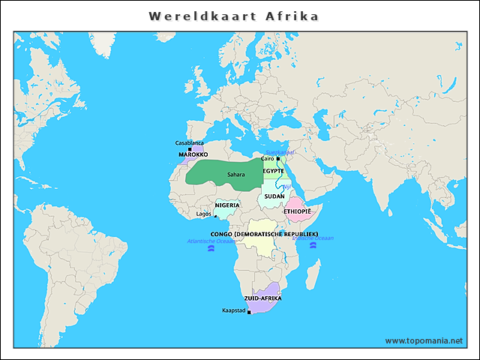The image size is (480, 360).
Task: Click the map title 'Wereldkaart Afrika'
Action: tap(233, 16)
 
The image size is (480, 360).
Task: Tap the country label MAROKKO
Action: tap(193, 154)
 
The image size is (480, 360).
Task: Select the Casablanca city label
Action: tap(189, 142)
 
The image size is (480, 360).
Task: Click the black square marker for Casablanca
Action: tap(179, 148)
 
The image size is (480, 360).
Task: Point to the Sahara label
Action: tap(236, 175)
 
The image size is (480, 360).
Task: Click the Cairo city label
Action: tap(267, 158)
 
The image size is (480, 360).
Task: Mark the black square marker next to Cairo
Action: tap(277, 159)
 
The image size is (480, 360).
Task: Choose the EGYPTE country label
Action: tap(273, 171)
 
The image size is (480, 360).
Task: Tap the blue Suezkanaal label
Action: tap(280, 152)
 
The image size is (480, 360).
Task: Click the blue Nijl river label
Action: tap(286, 187)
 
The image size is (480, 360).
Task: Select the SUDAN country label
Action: tap(274, 196)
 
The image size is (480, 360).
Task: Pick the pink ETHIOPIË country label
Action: tap(296, 211)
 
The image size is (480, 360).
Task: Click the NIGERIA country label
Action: tap(227, 205)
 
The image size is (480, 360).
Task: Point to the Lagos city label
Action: tap(203, 214)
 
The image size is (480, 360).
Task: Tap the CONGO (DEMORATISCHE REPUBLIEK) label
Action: tap(264, 234)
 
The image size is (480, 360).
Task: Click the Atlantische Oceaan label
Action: tap(211, 241)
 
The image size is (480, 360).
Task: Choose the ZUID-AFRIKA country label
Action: tap(263, 298)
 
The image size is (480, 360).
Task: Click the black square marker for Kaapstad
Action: tap(248, 312)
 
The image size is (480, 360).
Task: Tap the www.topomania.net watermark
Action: tap(424, 340)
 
